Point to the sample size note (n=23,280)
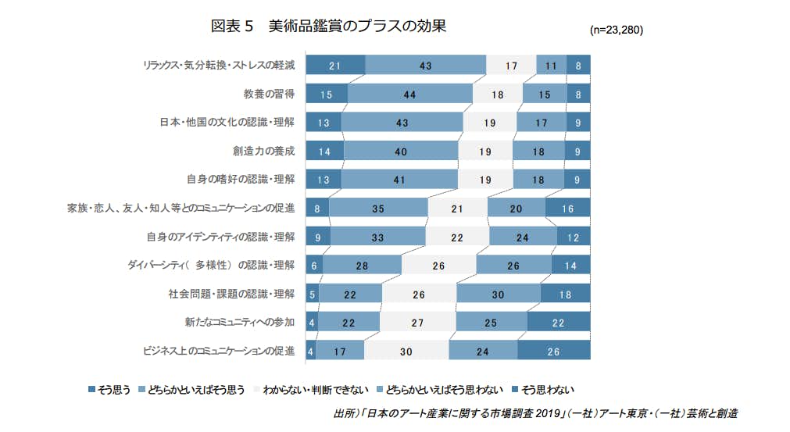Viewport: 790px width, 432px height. pos(617,30)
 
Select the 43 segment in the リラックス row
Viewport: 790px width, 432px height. pos(425,66)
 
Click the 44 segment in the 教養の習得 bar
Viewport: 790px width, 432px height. pos(410,95)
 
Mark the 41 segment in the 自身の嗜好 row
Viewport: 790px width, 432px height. pos(399,179)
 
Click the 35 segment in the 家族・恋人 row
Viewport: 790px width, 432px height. pos(378,208)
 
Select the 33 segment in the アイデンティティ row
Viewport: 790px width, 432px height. pos(378,236)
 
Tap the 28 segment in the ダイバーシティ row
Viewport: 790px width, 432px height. pos(362,265)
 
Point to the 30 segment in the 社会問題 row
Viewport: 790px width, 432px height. pos(499,294)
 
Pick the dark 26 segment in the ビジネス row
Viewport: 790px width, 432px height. pos(553,351)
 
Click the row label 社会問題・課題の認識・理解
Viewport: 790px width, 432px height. pos(231,294)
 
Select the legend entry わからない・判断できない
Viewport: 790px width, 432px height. pos(310,388)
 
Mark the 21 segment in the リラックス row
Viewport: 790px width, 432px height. pos(334,66)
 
